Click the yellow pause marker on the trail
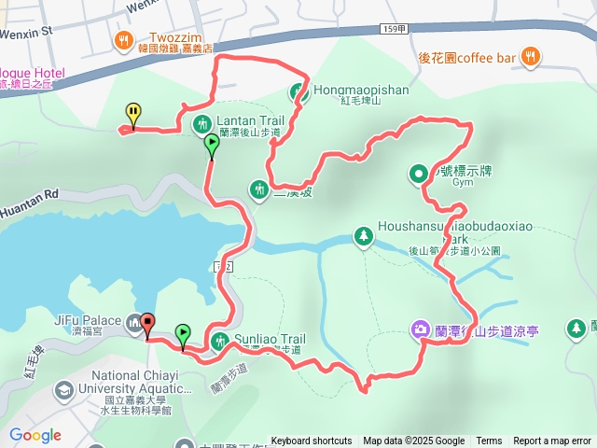132,114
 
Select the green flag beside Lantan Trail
212,144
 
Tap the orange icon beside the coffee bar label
530,57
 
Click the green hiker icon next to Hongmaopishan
299,92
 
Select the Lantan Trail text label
250,120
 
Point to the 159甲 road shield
393,31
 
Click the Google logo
35,435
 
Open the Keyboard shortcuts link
312,441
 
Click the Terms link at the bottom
489,441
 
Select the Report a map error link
552,441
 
